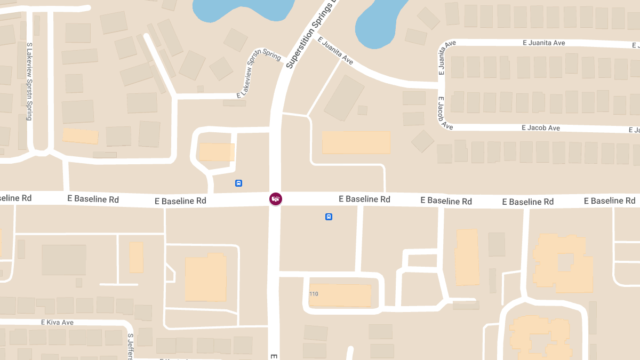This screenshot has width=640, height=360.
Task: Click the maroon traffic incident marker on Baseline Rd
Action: click(x=275, y=199)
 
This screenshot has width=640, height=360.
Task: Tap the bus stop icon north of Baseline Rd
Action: click(x=238, y=183)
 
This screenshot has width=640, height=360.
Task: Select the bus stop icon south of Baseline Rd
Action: click(x=329, y=217)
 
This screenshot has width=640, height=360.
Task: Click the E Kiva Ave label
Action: click(x=57, y=323)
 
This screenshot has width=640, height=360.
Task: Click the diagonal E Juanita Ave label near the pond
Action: click(x=335, y=51)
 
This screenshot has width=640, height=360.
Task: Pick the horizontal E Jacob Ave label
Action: click(x=541, y=128)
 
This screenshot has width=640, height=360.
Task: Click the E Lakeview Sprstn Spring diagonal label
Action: click(x=258, y=75)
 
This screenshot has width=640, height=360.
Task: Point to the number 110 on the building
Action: click(x=314, y=294)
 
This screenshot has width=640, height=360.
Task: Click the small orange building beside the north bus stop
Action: click(x=217, y=152)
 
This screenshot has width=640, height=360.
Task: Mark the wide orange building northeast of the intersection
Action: click(x=356, y=142)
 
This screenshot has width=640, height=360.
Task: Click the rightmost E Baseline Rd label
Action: click(x=610, y=201)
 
